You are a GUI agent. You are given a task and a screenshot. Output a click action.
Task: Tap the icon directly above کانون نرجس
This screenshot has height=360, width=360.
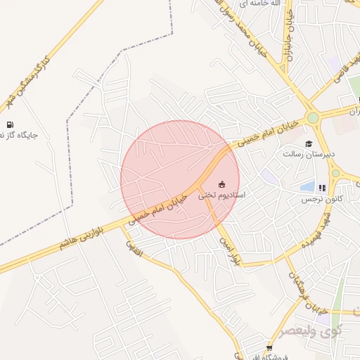322,188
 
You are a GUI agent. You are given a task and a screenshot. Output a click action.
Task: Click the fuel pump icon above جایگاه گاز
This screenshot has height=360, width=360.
10,125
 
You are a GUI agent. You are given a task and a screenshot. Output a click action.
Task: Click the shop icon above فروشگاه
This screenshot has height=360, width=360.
269,348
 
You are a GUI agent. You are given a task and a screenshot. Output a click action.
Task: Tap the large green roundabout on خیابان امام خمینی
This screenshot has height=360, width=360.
314,117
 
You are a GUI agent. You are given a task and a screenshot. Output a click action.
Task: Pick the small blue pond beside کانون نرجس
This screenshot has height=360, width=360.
308,186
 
